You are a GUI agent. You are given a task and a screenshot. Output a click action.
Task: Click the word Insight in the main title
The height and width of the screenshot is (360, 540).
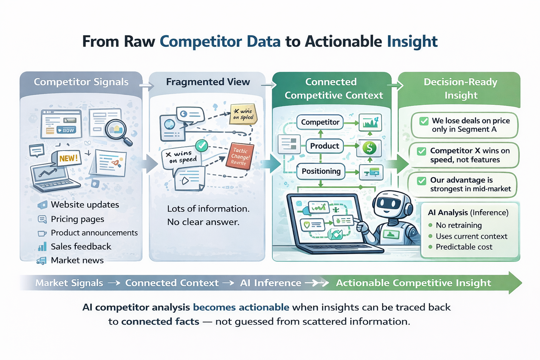point(412,41)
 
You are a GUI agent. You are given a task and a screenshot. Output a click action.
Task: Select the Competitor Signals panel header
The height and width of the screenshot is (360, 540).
point(81,82)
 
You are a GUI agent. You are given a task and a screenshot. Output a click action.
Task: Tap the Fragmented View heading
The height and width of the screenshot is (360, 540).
point(208,82)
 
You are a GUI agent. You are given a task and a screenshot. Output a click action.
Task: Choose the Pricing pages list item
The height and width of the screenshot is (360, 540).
point(77,219)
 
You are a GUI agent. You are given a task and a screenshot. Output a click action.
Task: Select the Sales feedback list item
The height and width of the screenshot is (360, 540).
point(81,246)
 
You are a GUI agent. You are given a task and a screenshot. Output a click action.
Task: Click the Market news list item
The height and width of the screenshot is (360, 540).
point(77,260)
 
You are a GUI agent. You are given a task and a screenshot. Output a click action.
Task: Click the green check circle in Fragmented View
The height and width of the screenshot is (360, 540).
point(201,145)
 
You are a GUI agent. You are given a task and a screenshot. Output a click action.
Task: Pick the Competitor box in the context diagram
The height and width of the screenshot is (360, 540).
point(320,122)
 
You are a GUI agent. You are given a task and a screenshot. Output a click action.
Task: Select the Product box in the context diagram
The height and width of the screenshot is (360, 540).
point(324,146)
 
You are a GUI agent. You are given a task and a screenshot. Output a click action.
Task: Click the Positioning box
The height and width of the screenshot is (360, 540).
point(321,171)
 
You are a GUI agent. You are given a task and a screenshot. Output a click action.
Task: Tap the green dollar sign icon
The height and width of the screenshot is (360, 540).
point(369,148)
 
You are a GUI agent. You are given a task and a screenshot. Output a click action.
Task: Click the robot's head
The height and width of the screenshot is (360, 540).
point(389,204)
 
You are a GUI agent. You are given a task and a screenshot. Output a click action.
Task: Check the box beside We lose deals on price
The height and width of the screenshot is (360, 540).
point(424,121)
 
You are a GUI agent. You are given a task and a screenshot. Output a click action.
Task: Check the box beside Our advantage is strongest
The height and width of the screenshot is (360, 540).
point(421,181)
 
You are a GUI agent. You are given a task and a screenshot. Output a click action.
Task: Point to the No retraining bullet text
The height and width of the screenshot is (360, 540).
point(458,225)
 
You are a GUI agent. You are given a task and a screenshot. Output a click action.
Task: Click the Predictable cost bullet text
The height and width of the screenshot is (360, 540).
point(464,247)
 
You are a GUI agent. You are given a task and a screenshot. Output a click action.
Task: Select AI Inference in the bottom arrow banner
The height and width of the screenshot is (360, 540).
point(270,283)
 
